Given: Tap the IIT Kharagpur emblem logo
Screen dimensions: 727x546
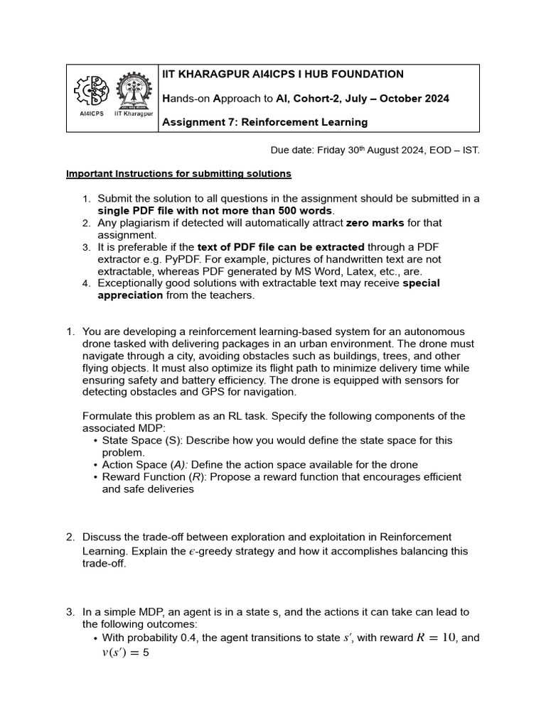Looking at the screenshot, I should pos(134,92).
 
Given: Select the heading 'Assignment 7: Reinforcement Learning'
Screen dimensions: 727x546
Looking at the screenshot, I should pos(265,122).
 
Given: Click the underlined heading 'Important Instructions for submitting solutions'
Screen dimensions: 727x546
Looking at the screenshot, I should pos(178,174).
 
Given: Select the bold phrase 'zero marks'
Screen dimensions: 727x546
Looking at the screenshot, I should pos(375,223).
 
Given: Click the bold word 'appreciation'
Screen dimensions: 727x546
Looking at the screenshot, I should pos(130,295).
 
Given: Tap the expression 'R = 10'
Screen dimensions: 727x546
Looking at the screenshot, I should pos(436,638).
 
